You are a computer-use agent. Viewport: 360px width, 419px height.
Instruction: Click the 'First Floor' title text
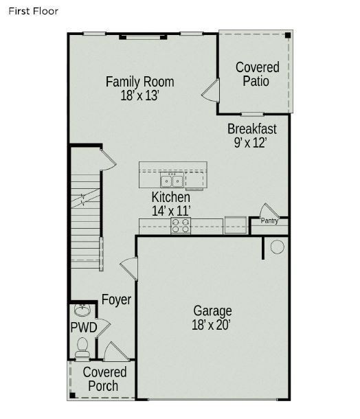click(34, 11)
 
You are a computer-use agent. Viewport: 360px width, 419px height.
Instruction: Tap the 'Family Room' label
click(139, 82)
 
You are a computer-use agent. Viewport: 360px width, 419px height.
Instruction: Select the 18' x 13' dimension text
click(139, 96)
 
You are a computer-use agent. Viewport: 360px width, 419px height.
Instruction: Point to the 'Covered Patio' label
click(257, 74)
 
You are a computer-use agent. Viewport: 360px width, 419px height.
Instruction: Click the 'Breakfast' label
click(252, 128)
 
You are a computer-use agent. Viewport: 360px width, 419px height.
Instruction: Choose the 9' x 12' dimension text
click(250, 143)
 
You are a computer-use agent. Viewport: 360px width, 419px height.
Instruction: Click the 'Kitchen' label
click(171, 197)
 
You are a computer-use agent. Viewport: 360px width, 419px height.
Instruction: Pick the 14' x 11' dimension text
click(171, 211)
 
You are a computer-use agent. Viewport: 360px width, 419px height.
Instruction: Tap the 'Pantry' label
click(269, 221)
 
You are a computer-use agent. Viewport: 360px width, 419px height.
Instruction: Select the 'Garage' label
click(212, 310)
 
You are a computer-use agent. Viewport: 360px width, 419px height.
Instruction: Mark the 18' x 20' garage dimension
click(212, 325)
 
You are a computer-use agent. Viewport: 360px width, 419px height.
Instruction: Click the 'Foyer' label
click(116, 299)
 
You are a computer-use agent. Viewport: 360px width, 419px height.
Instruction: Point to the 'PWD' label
click(84, 327)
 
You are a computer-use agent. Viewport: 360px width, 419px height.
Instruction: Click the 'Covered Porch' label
click(104, 379)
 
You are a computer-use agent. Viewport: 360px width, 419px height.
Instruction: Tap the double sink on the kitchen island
click(172, 181)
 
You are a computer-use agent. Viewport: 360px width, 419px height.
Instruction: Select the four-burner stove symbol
click(181, 226)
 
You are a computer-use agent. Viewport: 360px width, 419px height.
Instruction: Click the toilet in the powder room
click(82, 347)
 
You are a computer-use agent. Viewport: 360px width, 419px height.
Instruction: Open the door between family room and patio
click(212, 91)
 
